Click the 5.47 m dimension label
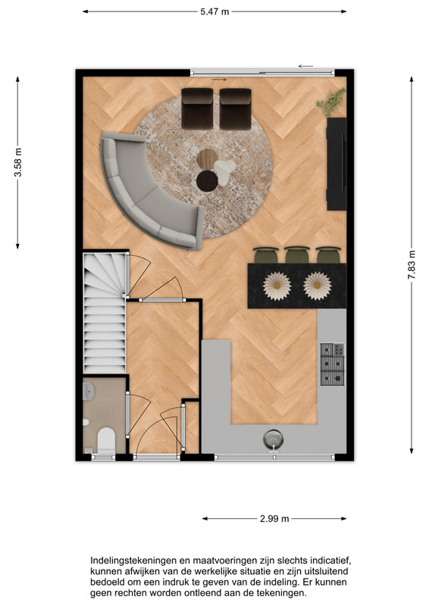tap(214, 12)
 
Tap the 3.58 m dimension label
tap(17, 162)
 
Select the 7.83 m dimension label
tap(412, 264)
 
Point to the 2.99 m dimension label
tap(274, 519)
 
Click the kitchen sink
tap(273, 440)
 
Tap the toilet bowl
tap(106, 440)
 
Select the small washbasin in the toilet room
tap(88, 391)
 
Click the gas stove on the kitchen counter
tap(332, 364)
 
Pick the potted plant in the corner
tap(331, 102)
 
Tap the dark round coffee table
tap(207, 181)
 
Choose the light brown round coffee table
tap(207, 158)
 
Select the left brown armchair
tap(197, 108)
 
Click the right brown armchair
tap(236, 108)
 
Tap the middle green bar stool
tap(297, 255)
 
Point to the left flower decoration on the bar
tap(277, 286)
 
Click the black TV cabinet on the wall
tap(337, 164)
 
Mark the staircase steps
tap(105, 313)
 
